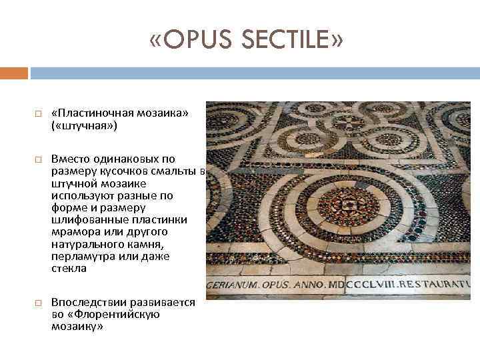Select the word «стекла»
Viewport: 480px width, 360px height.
[x=67, y=269]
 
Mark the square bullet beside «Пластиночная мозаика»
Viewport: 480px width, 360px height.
[x=37, y=114]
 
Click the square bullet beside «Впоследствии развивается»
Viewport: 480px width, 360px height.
[x=37, y=303]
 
